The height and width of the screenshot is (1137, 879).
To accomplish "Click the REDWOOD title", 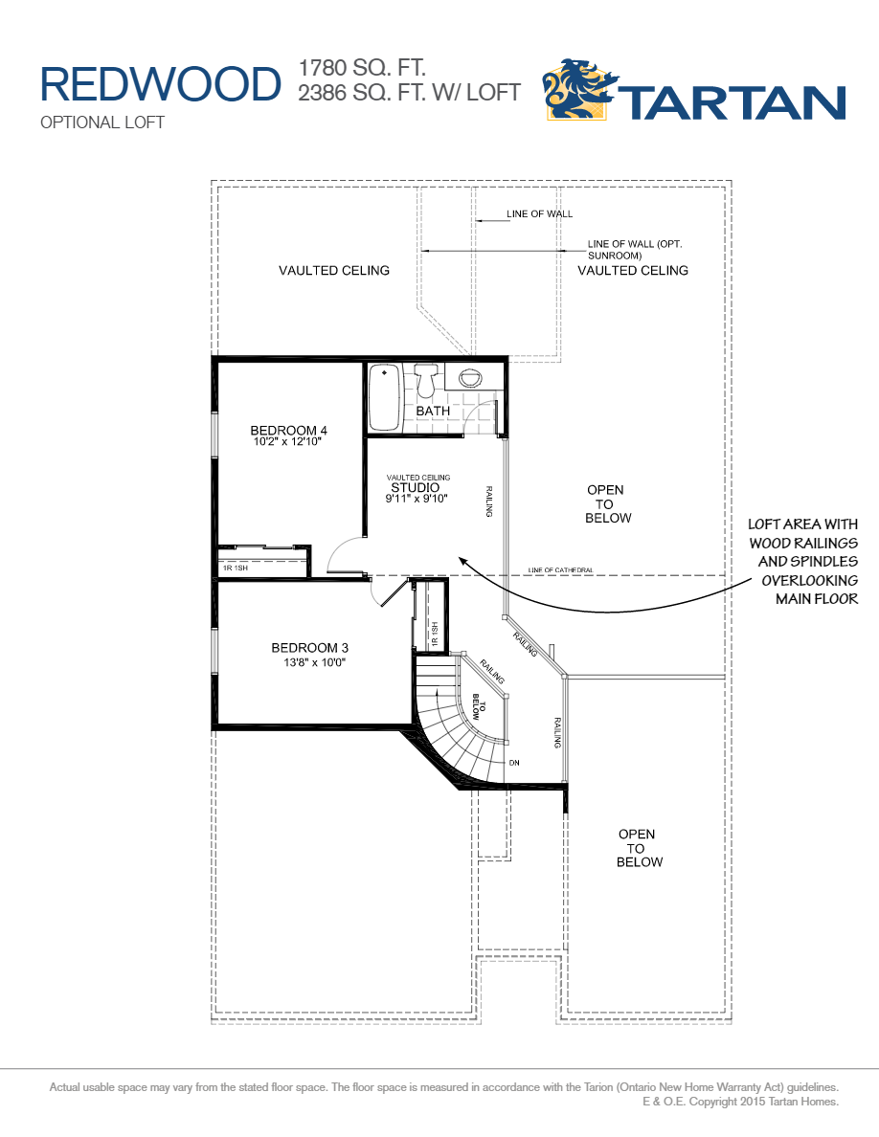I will coord(159,84).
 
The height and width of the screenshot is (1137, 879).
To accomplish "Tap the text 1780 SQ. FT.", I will coord(362,68).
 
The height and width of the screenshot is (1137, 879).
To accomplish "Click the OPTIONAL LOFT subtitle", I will coord(102,123).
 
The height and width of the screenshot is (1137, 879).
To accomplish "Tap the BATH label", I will coord(433,411).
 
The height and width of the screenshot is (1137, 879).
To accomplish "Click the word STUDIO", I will coord(415,487).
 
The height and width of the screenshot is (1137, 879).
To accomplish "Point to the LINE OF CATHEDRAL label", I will coord(560,571).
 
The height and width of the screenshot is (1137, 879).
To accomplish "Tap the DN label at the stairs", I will coord(514,763).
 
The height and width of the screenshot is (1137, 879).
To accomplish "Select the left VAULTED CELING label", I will coord(334,271).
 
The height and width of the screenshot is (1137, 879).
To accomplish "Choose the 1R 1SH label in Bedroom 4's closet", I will coord(236,568).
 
